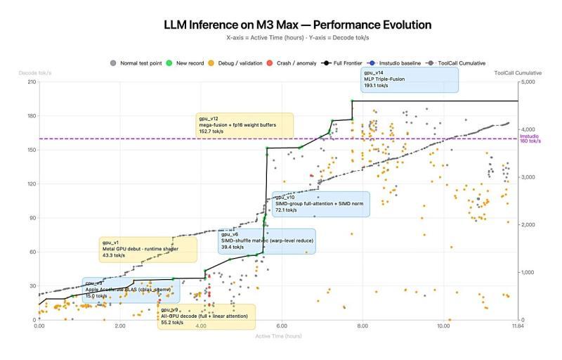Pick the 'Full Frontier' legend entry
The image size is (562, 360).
(344, 63)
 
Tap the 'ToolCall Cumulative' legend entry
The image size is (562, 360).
(461, 63)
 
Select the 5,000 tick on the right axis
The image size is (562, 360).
(528, 82)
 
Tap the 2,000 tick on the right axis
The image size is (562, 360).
(528, 224)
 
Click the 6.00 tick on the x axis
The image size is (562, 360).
(282, 326)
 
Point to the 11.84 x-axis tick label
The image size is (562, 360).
(518, 326)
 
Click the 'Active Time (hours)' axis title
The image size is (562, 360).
(279, 336)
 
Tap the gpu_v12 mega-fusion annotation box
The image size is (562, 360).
(244, 124)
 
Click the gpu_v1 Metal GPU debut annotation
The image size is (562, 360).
(148, 249)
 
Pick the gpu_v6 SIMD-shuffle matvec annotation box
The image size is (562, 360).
(266, 240)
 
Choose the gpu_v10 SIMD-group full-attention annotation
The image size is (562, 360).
(320, 203)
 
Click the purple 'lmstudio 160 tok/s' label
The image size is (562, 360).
(530, 139)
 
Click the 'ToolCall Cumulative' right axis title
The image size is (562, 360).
(518, 72)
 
